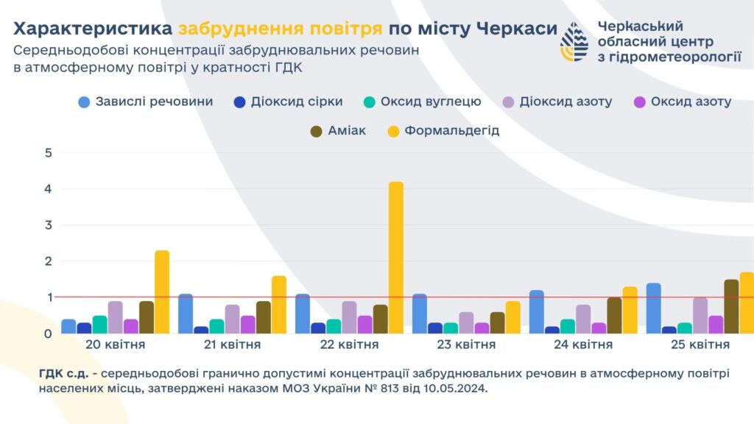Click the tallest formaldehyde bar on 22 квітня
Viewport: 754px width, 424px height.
[396, 257]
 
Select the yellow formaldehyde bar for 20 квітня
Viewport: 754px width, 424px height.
[162, 291]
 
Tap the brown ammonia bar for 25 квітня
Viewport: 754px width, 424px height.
[731, 306]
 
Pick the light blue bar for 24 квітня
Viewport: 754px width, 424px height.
[536, 311]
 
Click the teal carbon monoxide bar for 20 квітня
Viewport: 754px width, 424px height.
[99, 324]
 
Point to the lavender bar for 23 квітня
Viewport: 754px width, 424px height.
[466, 322]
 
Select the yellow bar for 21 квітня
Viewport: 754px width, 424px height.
[279, 304]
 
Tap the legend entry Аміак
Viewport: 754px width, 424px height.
[338, 131]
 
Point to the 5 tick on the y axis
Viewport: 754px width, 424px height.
[49, 153]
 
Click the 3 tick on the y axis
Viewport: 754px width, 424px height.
[49, 225]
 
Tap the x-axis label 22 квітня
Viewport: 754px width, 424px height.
[349, 344]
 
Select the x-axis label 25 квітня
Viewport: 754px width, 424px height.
[700, 344]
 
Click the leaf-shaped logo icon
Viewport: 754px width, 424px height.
[574, 41]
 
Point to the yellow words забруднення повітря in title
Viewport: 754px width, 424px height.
[280, 29]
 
